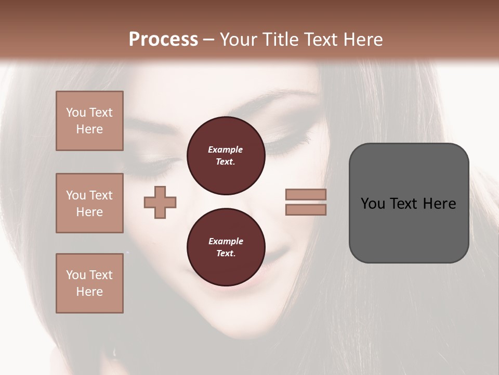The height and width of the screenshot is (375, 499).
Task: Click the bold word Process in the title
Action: click(163, 39)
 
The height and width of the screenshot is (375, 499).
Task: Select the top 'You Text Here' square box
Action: click(89, 121)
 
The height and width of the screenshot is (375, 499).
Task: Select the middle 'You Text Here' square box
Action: click(89, 203)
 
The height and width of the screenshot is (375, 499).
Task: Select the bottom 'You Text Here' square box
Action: click(89, 283)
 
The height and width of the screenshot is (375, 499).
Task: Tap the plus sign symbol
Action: click(160, 202)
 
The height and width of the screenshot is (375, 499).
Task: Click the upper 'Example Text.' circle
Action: click(226, 156)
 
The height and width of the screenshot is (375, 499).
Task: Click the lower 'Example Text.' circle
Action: click(226, 247)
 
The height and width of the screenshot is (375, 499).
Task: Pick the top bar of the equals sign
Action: click(306, 195)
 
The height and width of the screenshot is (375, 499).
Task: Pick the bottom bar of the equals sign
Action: click(306, 210)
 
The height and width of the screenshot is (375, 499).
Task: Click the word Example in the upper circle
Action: click(226, 149)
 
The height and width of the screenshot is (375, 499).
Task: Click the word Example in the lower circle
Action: click(226, 241)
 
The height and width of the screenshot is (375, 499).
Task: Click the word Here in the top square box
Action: click(89, 129)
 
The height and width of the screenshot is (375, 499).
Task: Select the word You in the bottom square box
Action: click(76, 275)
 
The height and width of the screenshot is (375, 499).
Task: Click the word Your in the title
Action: click(239, 39)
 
